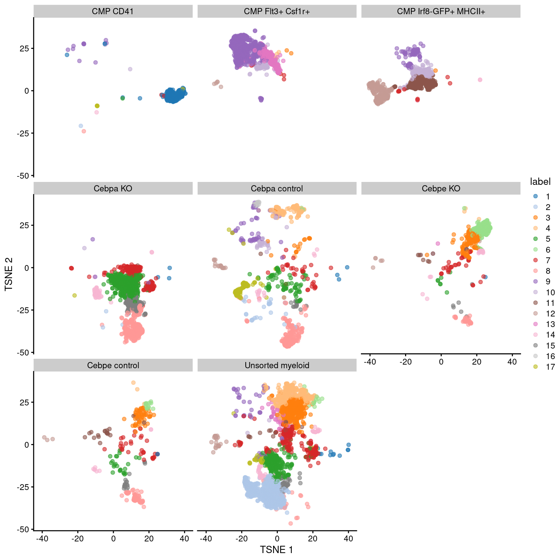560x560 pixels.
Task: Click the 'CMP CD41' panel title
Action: [113, 11]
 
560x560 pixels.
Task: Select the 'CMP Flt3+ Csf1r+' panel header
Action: [277, 11]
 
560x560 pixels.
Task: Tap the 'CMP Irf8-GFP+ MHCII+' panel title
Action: [441, 11]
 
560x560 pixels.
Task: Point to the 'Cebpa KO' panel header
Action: [113, 188]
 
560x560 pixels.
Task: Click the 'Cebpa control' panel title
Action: [277, 188]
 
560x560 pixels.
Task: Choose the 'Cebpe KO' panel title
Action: [441, 188]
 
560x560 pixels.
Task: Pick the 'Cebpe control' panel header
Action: [113, 365]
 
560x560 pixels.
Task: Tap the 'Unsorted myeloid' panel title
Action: [277, 365]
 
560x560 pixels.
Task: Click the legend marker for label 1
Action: [536, 196]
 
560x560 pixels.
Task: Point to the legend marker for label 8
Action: [536, 271]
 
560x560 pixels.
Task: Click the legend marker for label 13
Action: [536, 324]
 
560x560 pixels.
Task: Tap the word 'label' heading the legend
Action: [540, 182]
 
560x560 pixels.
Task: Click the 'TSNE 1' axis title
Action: [276, 549]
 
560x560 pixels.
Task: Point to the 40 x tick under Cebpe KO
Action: [512, 362]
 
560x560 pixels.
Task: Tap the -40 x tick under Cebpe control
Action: [42, 538]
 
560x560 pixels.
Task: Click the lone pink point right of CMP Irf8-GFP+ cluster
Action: [480, 80]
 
